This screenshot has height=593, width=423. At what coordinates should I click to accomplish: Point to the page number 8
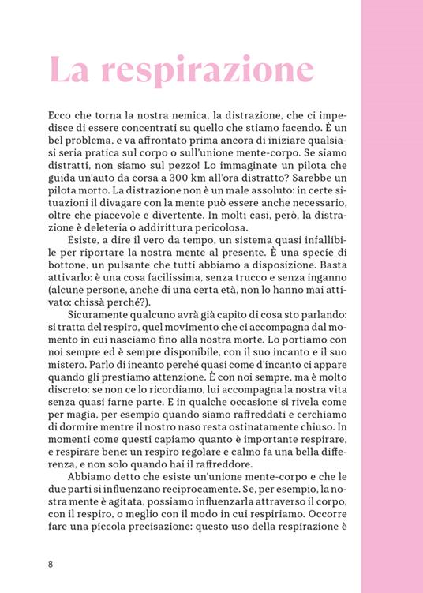click(51, 564)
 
